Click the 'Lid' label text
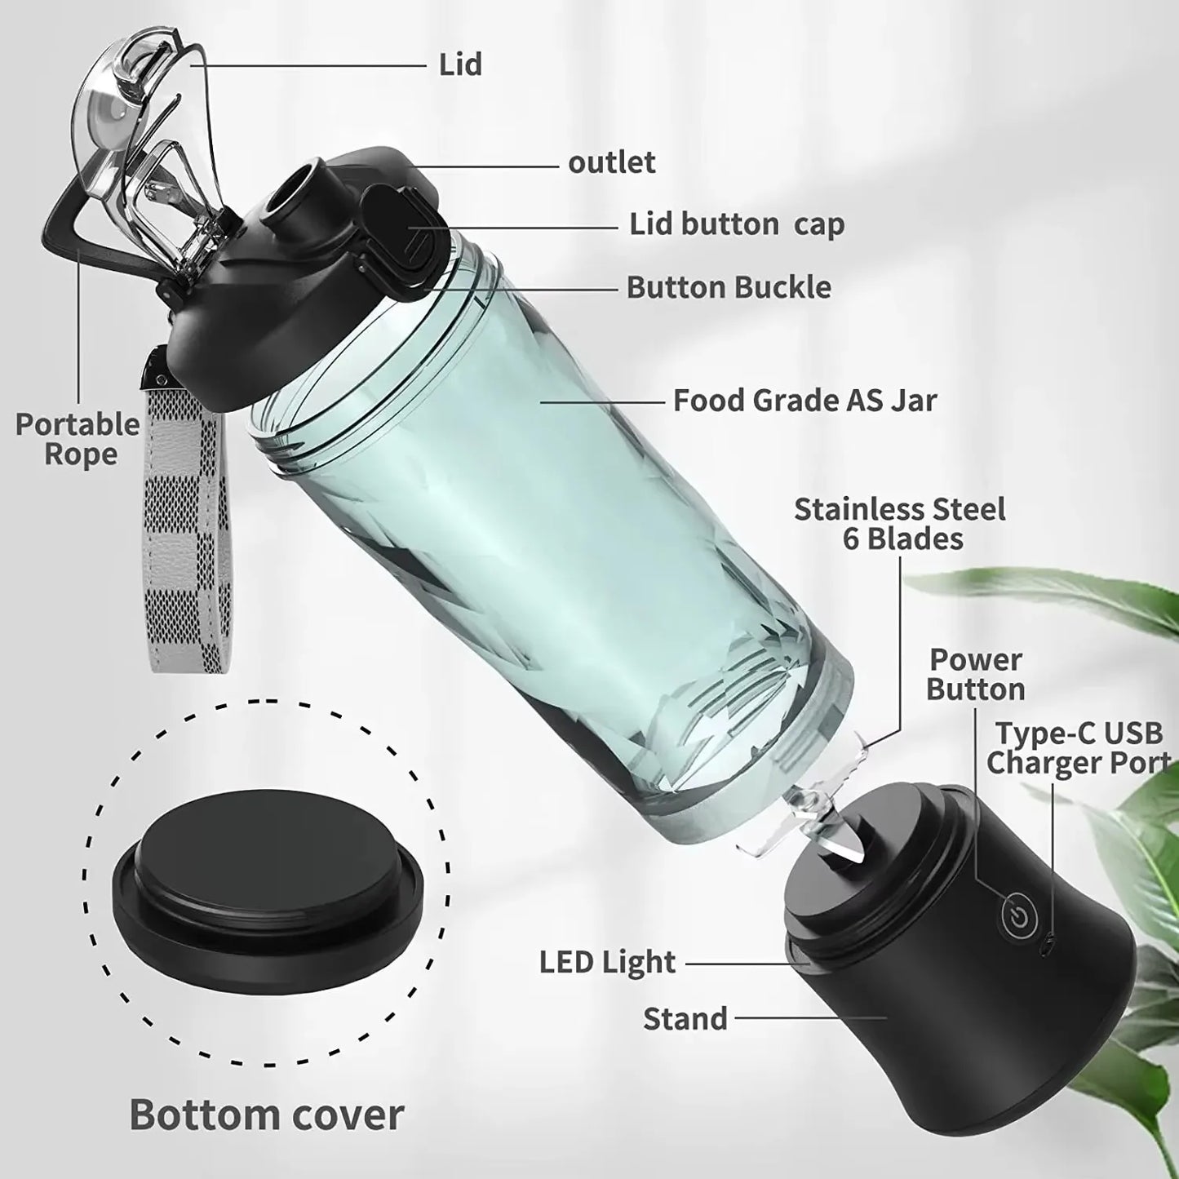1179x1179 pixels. (460, 64)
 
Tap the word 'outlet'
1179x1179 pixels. (611, 162)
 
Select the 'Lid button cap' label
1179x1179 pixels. (736, 224)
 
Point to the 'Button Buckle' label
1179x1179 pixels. (729, 287)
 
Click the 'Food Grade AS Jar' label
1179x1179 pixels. (804, 401)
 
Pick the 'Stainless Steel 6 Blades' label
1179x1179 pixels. (899, 524)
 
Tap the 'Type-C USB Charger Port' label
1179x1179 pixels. (1077, 747)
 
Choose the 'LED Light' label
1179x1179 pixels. (607, 962)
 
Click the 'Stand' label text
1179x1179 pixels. (685, 1018)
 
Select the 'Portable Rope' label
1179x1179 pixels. (78, 439)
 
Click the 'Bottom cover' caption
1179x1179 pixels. (267, 1114)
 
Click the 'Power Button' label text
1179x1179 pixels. (975, 674)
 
